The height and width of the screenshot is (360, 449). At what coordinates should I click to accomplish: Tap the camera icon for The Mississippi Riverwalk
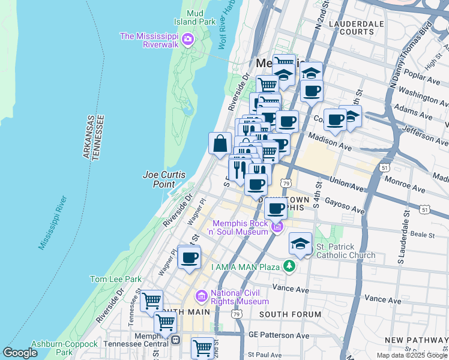click(188, 40)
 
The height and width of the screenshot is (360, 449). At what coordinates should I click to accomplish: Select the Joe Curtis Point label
click(163, 179)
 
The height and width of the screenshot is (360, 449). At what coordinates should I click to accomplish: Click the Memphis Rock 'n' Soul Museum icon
click(277, 226)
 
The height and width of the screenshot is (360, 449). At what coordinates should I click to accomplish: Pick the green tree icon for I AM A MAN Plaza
click(290, 265)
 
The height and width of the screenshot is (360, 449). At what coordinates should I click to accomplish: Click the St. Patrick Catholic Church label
click(345, 251)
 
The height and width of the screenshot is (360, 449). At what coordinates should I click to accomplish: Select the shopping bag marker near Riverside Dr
click(220, 143)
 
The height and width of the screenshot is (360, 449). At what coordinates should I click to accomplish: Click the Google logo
click(20, 353)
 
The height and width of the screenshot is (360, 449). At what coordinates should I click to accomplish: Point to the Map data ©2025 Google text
click(411, 355)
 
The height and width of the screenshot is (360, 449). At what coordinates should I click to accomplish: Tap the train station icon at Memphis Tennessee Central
click(176, 340)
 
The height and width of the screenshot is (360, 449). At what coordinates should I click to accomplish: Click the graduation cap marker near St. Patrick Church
click(300, 243)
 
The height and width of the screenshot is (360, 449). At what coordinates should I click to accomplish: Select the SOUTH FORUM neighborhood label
click(290, 314)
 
